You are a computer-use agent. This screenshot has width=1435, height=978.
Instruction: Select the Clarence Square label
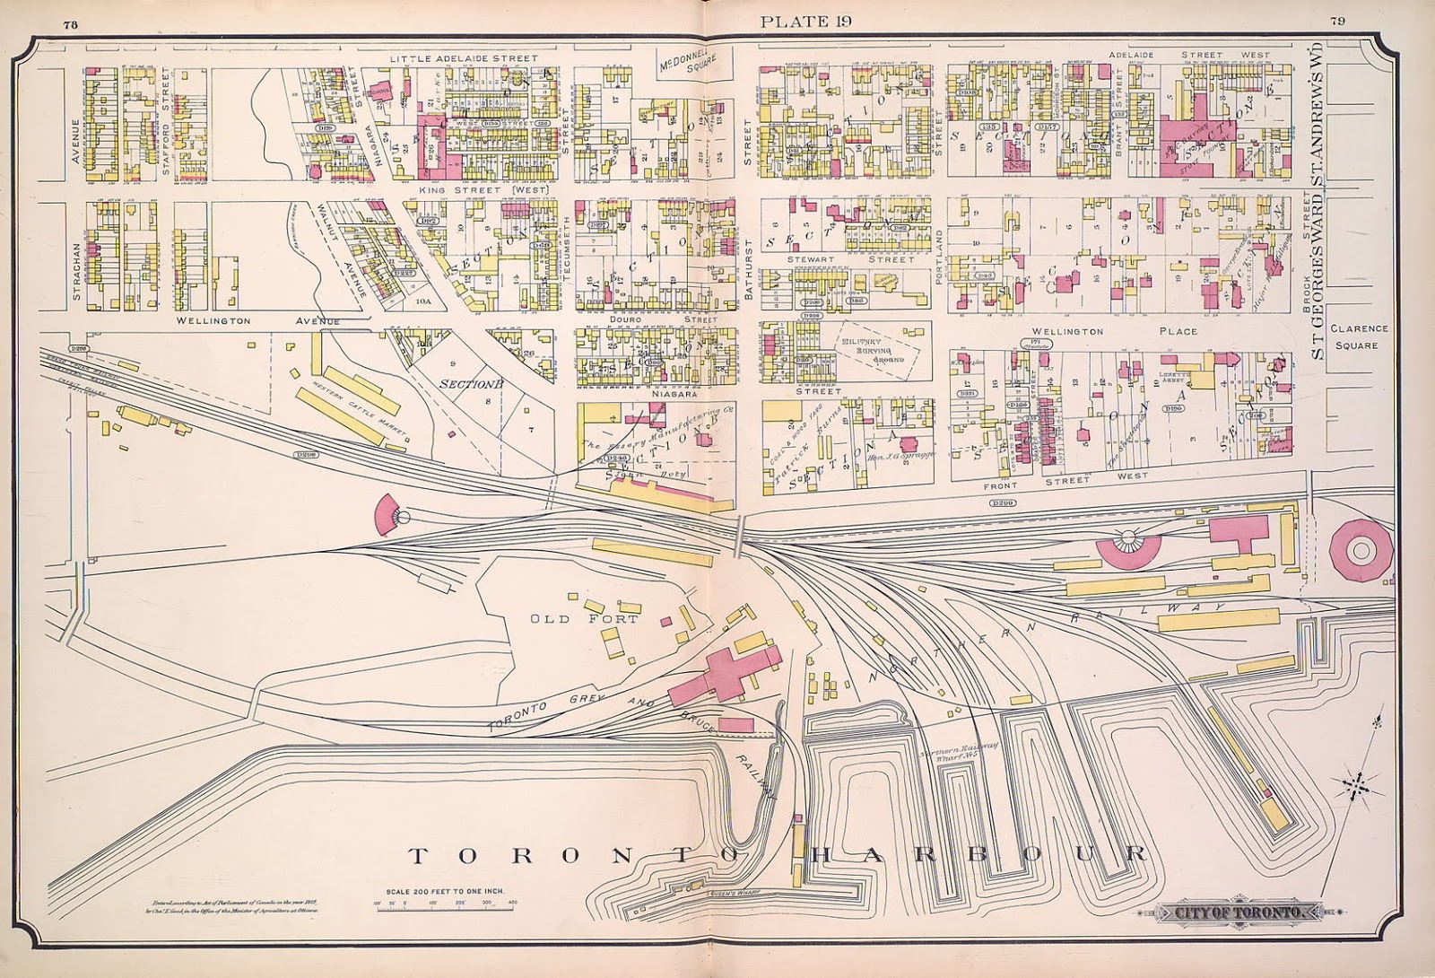click(x=1359, y=336)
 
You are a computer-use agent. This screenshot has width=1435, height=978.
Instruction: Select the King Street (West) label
click(x=484, y=191)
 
